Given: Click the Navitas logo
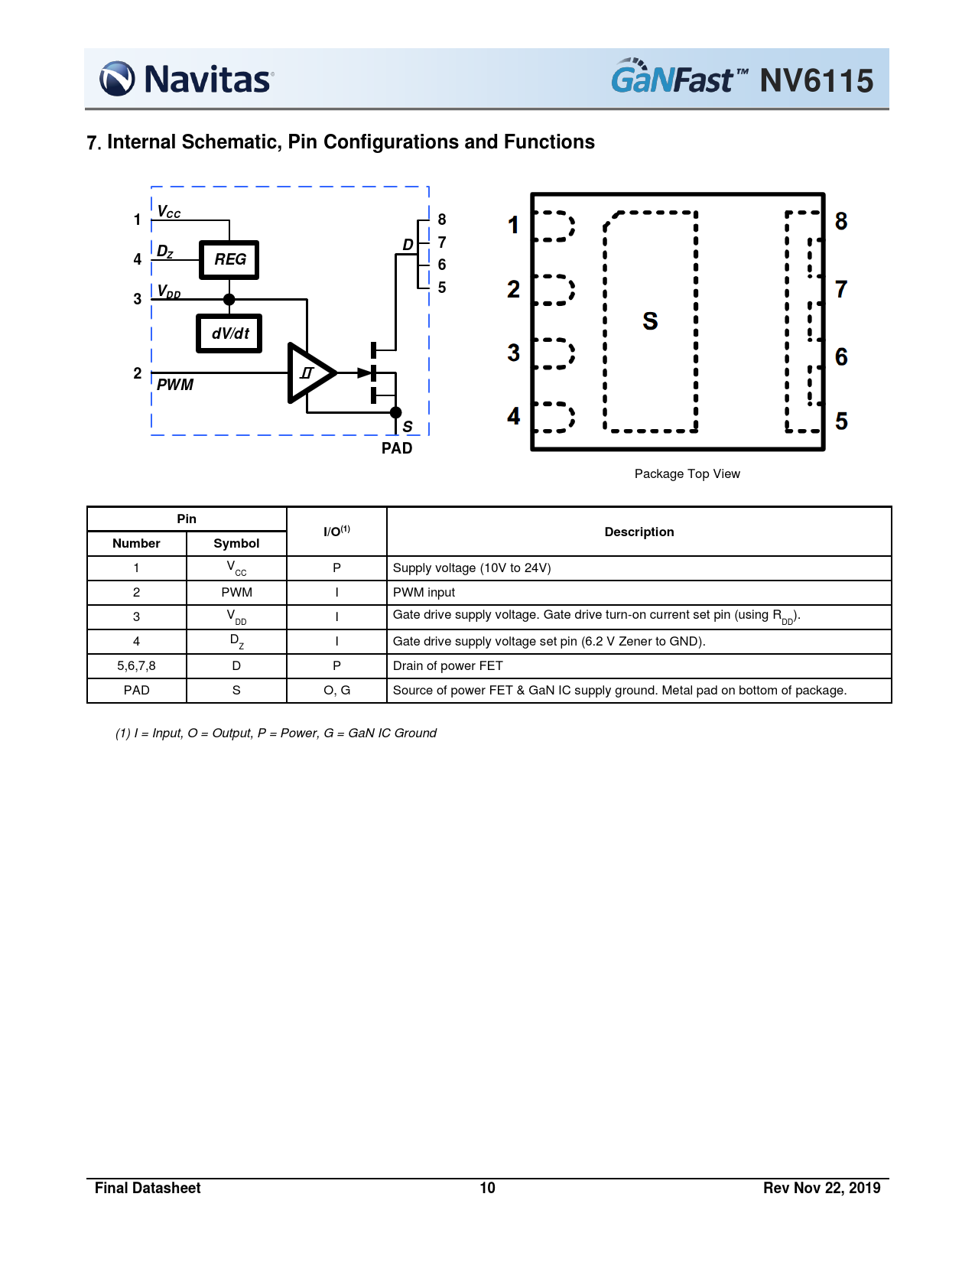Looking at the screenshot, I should point(187,79).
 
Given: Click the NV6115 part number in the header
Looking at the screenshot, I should point(816,80).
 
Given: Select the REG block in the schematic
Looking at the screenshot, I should point(229,260).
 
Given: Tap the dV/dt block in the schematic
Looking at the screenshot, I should point(229,333).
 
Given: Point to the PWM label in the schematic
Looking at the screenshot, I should point(175,385).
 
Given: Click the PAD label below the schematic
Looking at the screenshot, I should point(397,448).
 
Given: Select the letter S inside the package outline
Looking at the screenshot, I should point(650,321).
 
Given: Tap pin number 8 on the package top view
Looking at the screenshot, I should point(841,221).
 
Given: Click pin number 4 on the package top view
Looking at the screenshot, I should point(514,416).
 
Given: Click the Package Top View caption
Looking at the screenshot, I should point(687,474).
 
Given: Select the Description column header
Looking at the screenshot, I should point(639,532).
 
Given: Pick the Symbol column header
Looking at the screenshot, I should point(236,544).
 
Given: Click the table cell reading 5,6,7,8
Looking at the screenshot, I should point(136,666).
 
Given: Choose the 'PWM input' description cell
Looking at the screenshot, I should point(424,593).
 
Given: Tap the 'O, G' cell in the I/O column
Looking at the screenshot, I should point(336,691).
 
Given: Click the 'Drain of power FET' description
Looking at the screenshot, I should point(447,666).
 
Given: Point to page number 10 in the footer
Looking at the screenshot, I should point(487,1188).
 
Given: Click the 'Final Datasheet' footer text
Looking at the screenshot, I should point(148,1188).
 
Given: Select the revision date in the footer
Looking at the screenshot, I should point(821,1188).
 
